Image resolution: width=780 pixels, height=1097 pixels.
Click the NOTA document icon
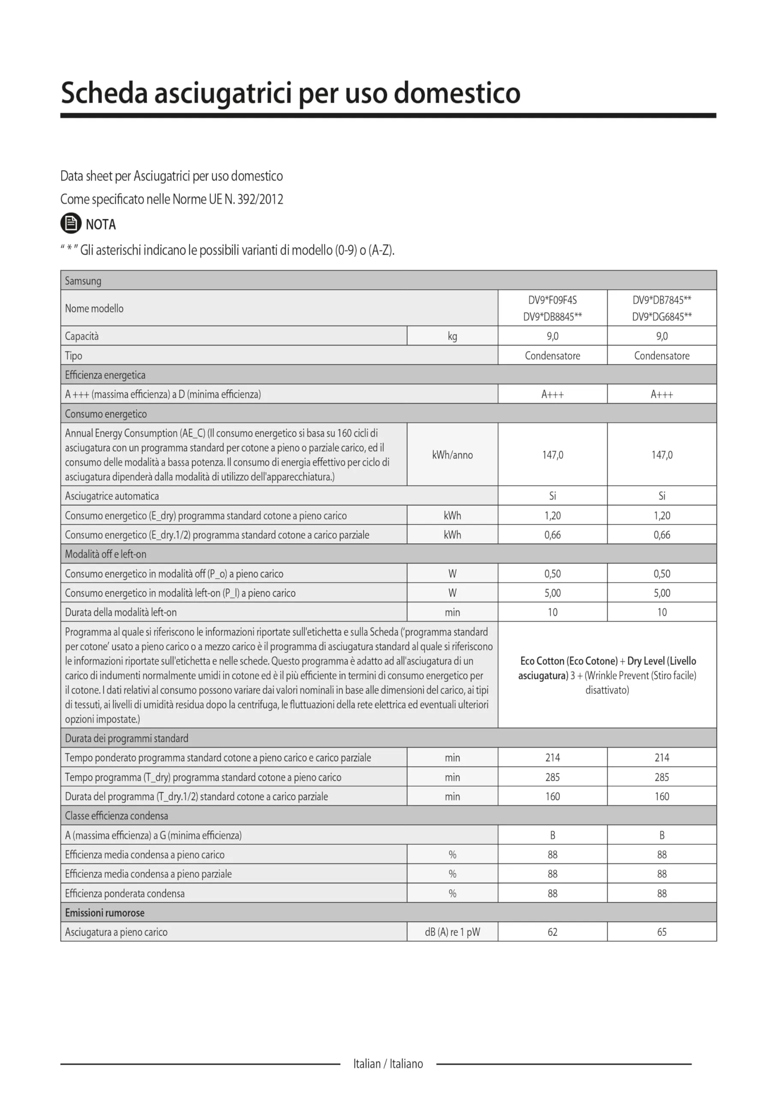tap(71, 223)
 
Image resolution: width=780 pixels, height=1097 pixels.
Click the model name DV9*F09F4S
tap(553, 300)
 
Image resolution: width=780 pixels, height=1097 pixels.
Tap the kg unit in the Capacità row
tap(452, 336)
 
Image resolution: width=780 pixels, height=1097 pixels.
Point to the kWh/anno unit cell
tap(452, 455)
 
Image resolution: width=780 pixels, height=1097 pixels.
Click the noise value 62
tap(553, 932)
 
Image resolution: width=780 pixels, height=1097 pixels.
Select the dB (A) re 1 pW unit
tap(452, 932)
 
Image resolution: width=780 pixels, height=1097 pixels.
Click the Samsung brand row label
tap(83, 281)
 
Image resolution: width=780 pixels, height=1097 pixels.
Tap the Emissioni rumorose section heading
tap(105, 913)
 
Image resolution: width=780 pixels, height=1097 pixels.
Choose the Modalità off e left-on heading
tap(106, 554)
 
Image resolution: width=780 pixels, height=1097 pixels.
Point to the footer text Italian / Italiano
tap(388, 1064)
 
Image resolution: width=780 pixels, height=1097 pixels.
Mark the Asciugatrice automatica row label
tap(112, 496)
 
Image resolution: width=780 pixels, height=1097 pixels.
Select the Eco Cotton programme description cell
tap(607, 675)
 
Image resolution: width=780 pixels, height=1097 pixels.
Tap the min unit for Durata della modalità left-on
tap(452, 613)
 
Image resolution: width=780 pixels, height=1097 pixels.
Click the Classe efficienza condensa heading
tap(117, 816)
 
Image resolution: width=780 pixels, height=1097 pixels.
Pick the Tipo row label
tap(74, 356)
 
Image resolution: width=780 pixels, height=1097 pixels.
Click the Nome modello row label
tap(94, 309)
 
